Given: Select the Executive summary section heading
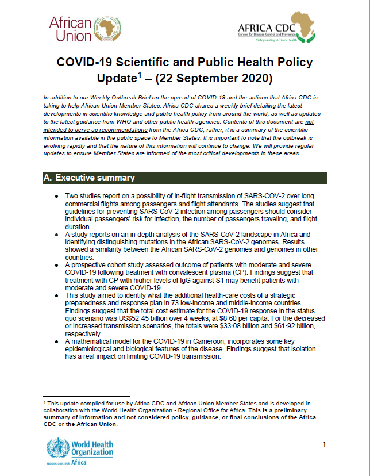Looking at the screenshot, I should click(x=90, y=178).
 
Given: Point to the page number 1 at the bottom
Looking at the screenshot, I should click(x=324, y=444).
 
